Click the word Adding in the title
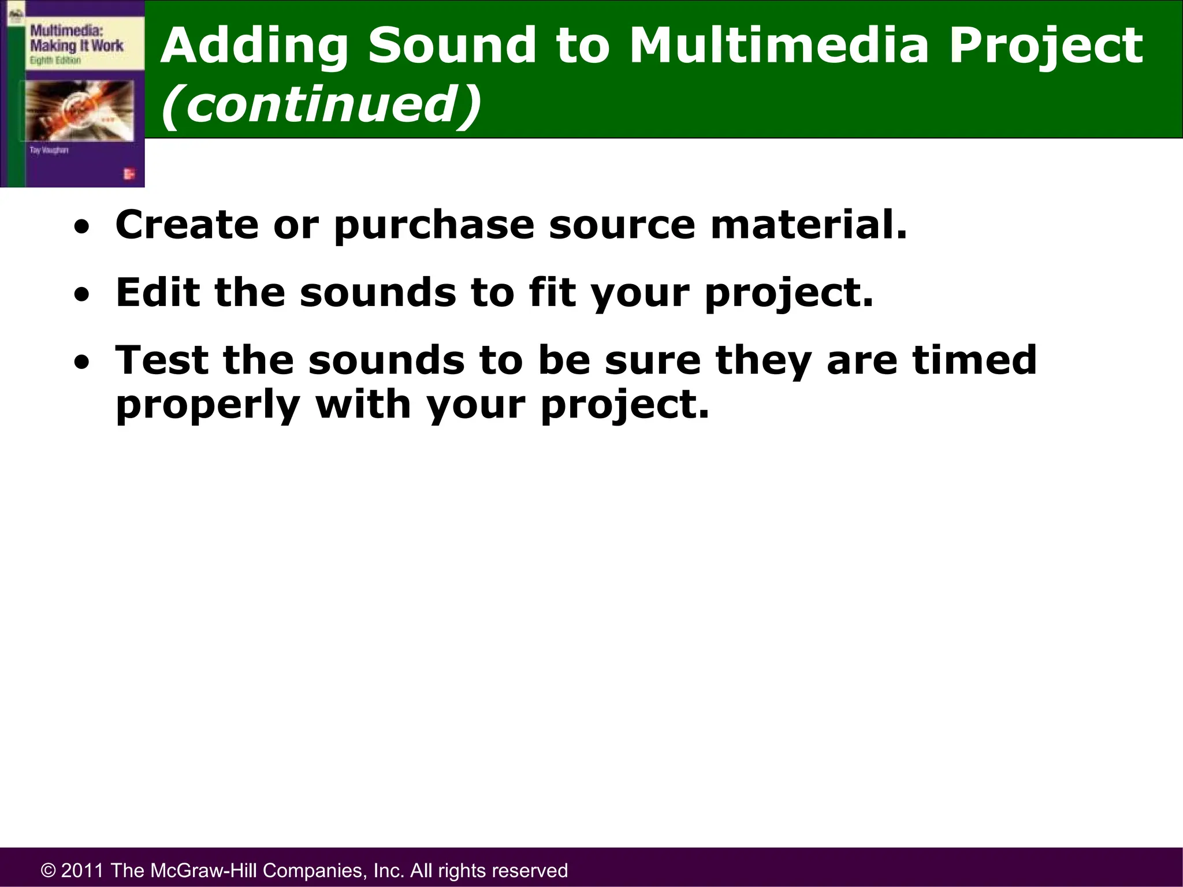pyautogui.click(x=254, y=46)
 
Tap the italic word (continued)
pyautogui.click(x=321, y=104)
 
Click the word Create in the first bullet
pyautogui.click(x=187, y=225)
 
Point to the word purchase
pyautogui.click(x=434, y=226)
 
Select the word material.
pyautogui.click(x=809, y=225)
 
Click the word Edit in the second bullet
pyautogui.click(x=157, y=292)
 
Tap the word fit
pyautogui.click(x=552, y=292)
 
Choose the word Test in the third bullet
pyautogui.click(x=162, y=360)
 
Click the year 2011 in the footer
pyautogui.click(x=83, y=870)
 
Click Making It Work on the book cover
pyautogui.click(x=76, y=46)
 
